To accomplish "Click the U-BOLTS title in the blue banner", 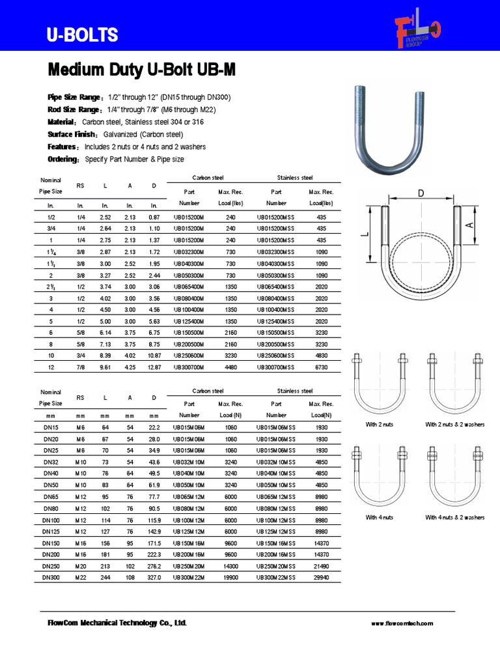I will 81,35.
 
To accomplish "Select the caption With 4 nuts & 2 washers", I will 455,517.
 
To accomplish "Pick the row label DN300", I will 51,578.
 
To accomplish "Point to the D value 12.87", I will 154,367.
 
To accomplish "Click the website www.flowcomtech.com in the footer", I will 402,623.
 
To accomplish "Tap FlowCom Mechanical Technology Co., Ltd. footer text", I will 117,623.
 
